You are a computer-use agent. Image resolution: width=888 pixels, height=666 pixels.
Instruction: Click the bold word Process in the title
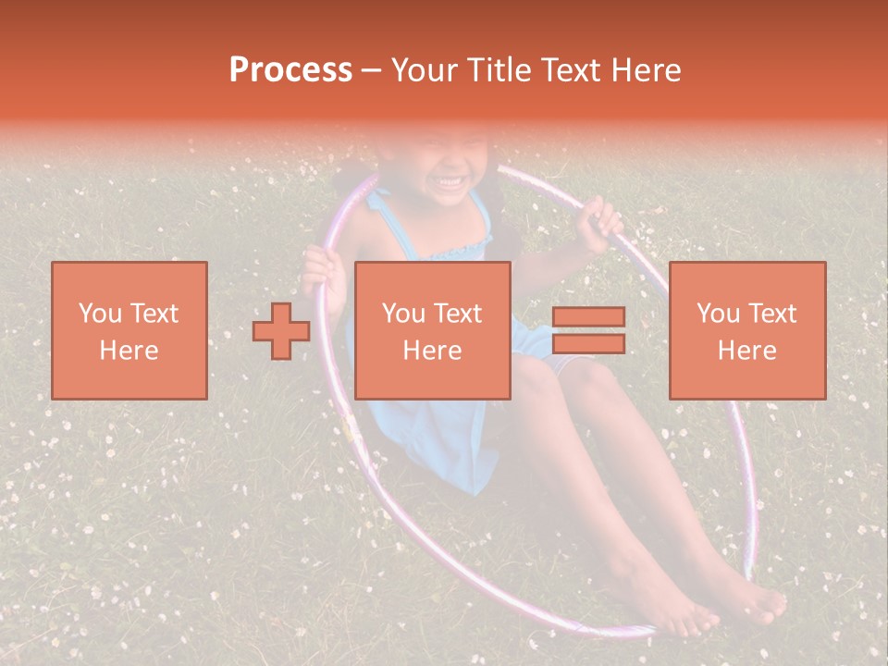(x=290, y=70)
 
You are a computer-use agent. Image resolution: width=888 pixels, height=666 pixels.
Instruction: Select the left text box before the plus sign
(x=129, y=330)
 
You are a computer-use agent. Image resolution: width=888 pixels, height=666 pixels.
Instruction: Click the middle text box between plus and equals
(x=432, y=330)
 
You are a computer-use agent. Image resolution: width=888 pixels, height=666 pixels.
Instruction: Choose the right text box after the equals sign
(x=746, y=330)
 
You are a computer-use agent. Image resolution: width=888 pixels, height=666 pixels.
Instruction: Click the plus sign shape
(x=281, y=331)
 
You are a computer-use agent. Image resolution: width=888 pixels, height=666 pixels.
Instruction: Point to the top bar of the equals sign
(x=588, y=316)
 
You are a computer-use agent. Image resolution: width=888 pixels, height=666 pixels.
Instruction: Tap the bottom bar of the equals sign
(x=588, y=343)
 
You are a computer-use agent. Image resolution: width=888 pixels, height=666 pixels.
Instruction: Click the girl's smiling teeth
(x=452, y=180)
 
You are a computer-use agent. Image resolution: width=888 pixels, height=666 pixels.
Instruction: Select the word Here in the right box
(x=746, y=351)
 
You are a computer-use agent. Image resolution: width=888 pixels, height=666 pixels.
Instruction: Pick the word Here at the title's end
(x=647, y=70)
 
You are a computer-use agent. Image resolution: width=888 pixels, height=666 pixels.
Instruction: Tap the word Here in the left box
(x=129, y=351)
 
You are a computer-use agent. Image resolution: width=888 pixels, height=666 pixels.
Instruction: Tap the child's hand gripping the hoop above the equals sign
(x=599, y=225)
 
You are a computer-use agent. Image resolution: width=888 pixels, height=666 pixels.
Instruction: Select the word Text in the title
(x=572, y=70)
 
